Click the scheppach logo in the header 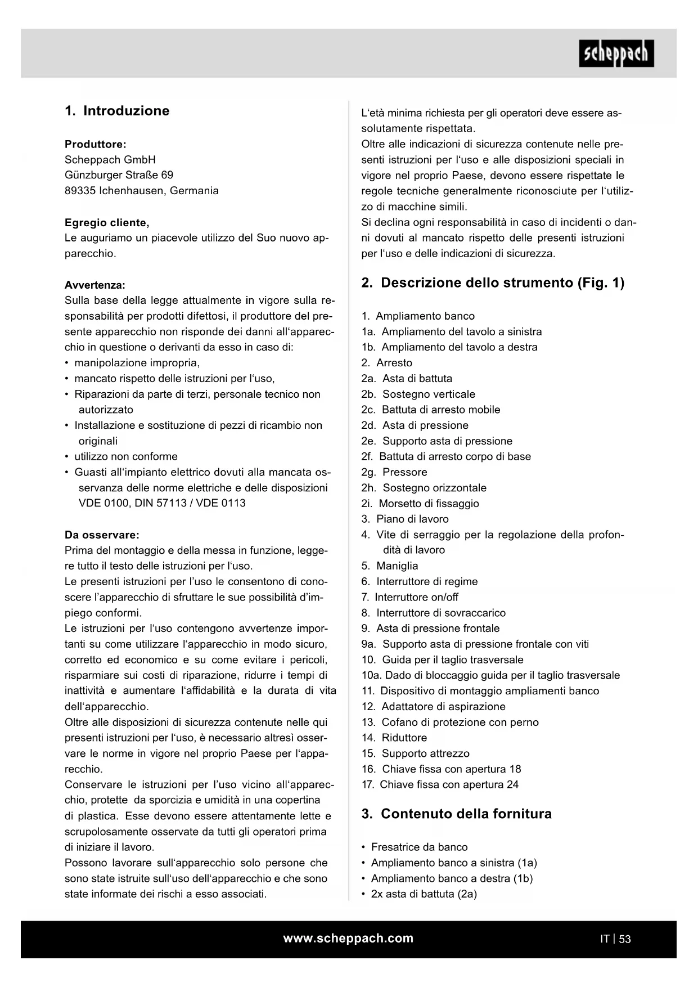tap(616, 53)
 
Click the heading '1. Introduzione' tap(117, 111)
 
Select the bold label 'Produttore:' tap(95, 144)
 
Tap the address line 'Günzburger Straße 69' tap(119, 175)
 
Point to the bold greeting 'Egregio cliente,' tap(107, 222)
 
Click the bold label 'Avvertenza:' tap(95, 285)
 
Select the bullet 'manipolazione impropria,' tap(137, 363)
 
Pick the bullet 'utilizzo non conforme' tap(126, 456)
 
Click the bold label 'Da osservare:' tap(102, 535)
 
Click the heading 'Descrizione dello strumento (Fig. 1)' tap(493, 283)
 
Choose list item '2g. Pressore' tap(394, 472)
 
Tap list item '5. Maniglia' tap(390, 566)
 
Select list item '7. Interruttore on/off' tap(410, 597)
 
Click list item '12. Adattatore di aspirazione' tap(434, 707)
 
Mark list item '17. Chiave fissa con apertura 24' tap(440, 784)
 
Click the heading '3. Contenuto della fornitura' tap(456, 814)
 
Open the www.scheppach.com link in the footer tap(348, 938)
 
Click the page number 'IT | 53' tap(615, 939)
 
